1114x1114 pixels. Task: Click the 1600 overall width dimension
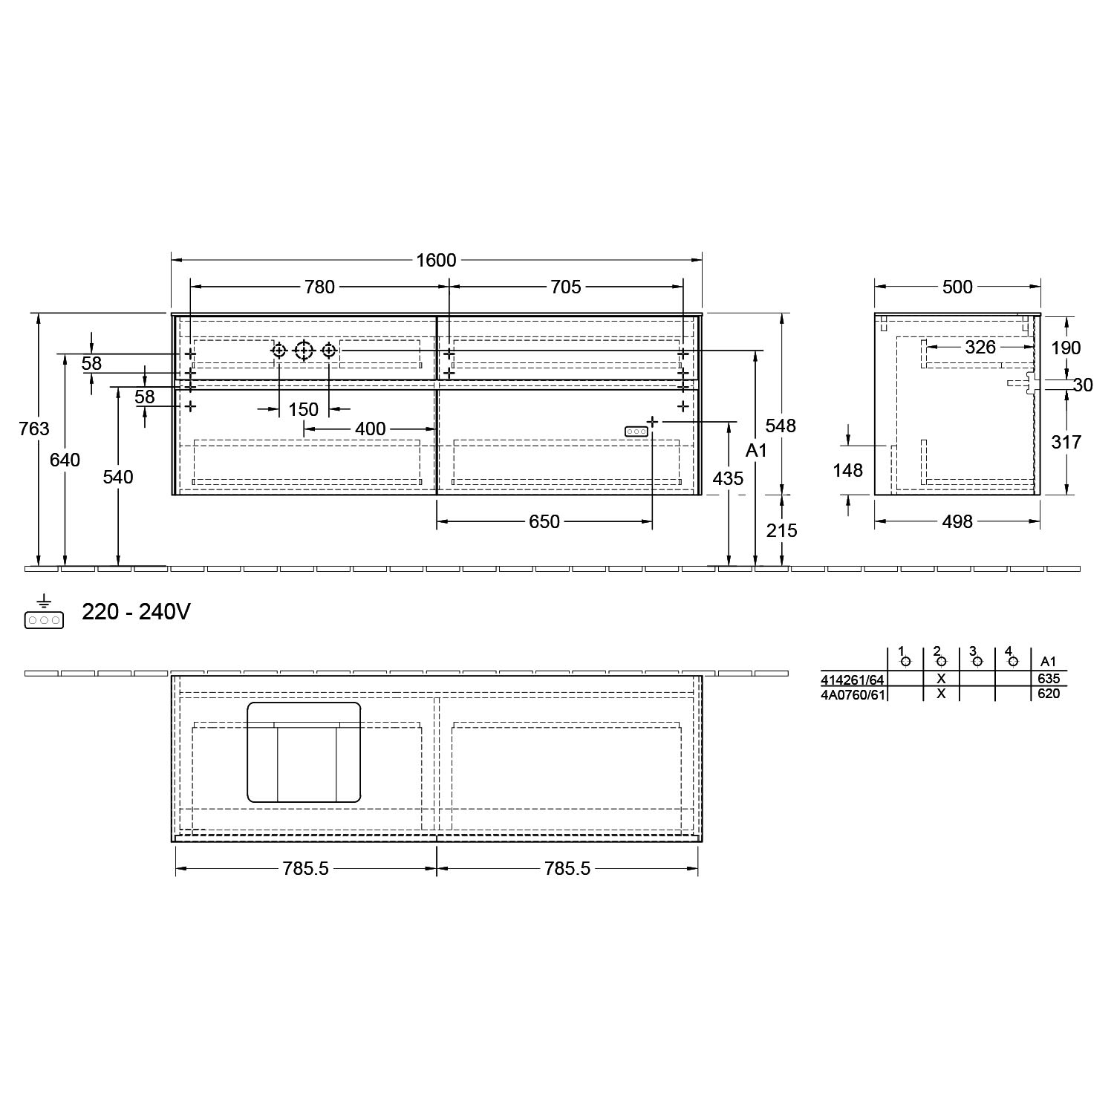436,261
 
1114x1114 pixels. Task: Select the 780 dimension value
320,287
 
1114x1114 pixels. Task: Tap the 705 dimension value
566,287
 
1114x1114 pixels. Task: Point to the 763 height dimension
34,429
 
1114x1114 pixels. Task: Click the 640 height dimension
65,460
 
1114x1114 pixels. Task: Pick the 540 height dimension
118,477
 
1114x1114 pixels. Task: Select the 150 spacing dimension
304,409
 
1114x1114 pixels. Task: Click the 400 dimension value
371,429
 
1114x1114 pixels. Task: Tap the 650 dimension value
544,522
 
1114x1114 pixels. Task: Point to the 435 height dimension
728,479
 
